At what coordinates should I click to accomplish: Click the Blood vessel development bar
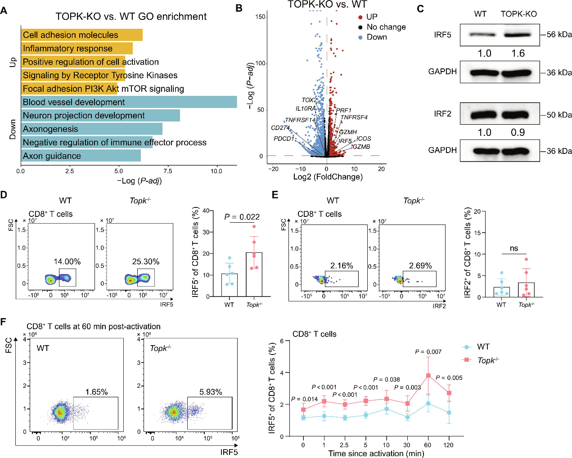pyautogui.click(x=129, y=102)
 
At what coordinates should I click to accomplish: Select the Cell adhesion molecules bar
pyautogui.click(x=81, y=35)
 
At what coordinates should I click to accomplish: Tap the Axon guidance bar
pyautogui.click(x=81, y=156)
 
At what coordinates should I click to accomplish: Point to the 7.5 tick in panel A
pyautogui.click(x=167, y=171)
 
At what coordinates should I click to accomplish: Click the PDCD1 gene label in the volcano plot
pyautogui.click(x=284, y=139)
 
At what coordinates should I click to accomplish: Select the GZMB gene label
pyautogui.click(x=361, y=147)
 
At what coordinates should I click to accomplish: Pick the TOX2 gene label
pyautogui.click(x=309, y=100)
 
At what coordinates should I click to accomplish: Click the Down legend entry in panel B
pyautogui.click(x=377, y=37)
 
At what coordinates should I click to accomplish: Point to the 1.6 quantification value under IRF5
pyautogui.click(x=518, y=54)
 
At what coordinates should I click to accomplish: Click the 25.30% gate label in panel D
pyautogui.click(x=145, y=261)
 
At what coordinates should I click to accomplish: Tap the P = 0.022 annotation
pyautogui.click(x=242, y=217)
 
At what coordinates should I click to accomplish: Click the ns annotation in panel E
pyautogui.click(x=514, y=248)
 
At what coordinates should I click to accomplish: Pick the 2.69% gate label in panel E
pyautogui.click(x=420, y=265)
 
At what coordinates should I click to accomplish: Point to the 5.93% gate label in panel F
pyautogui.click(x=211, y=392)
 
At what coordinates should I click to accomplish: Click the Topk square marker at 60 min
pyautogui.click(x=428, y=376)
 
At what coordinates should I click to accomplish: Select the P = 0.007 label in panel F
pyautogui.click(x=428, y=352)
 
